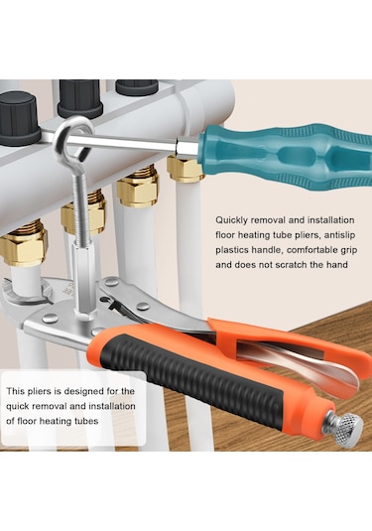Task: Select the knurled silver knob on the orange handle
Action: (347, 426)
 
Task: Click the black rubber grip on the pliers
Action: (192, 378)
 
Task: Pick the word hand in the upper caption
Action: (337, 264)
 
